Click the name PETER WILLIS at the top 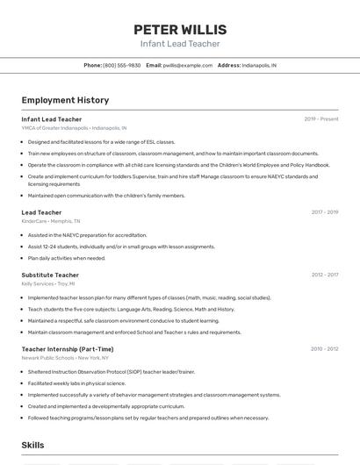179,29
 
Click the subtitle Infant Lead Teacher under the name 179,44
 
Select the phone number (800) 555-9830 121,66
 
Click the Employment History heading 65,100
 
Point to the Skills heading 33,446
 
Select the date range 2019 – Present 320,119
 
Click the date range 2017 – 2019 324,212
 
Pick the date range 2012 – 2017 324,275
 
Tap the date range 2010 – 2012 324,349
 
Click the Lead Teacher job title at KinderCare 41,212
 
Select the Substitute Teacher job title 50,275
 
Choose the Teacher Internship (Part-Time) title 68,349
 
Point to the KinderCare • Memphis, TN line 51,221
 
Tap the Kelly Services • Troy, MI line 48,284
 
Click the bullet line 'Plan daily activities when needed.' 67,258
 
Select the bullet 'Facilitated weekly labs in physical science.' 77,383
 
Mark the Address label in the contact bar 228,66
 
